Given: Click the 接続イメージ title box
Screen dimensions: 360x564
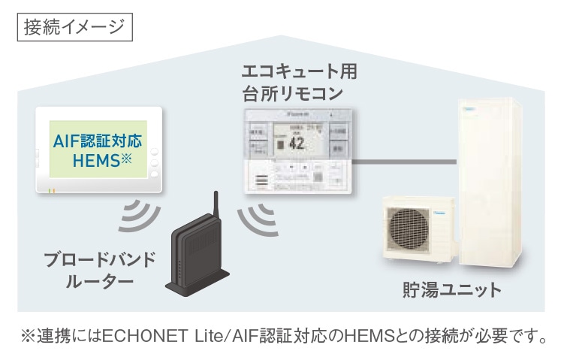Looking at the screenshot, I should [73, 27].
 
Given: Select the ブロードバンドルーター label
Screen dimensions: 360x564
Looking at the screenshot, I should [99, 270].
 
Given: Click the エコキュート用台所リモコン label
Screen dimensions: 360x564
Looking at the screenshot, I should [298, 83].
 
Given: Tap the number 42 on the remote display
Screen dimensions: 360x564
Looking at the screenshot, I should [296, 144].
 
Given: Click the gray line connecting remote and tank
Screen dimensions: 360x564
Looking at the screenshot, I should [406, 162].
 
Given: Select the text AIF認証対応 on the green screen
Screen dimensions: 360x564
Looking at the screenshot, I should [98, 140].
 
